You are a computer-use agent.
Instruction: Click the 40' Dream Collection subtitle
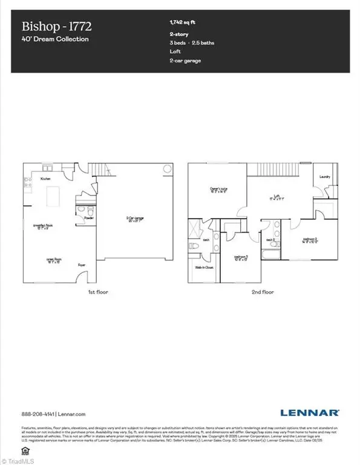coord(55,39)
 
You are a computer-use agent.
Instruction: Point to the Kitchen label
coord(45,179)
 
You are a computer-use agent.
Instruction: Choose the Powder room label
coord(88,217)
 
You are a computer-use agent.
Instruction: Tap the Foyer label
coord(81,265)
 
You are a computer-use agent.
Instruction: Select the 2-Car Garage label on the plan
coord(134,219)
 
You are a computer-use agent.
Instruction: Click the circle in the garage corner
coord(167,170)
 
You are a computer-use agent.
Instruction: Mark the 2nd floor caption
coord(263,292)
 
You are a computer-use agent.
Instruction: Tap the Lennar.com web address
coord(71,414)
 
